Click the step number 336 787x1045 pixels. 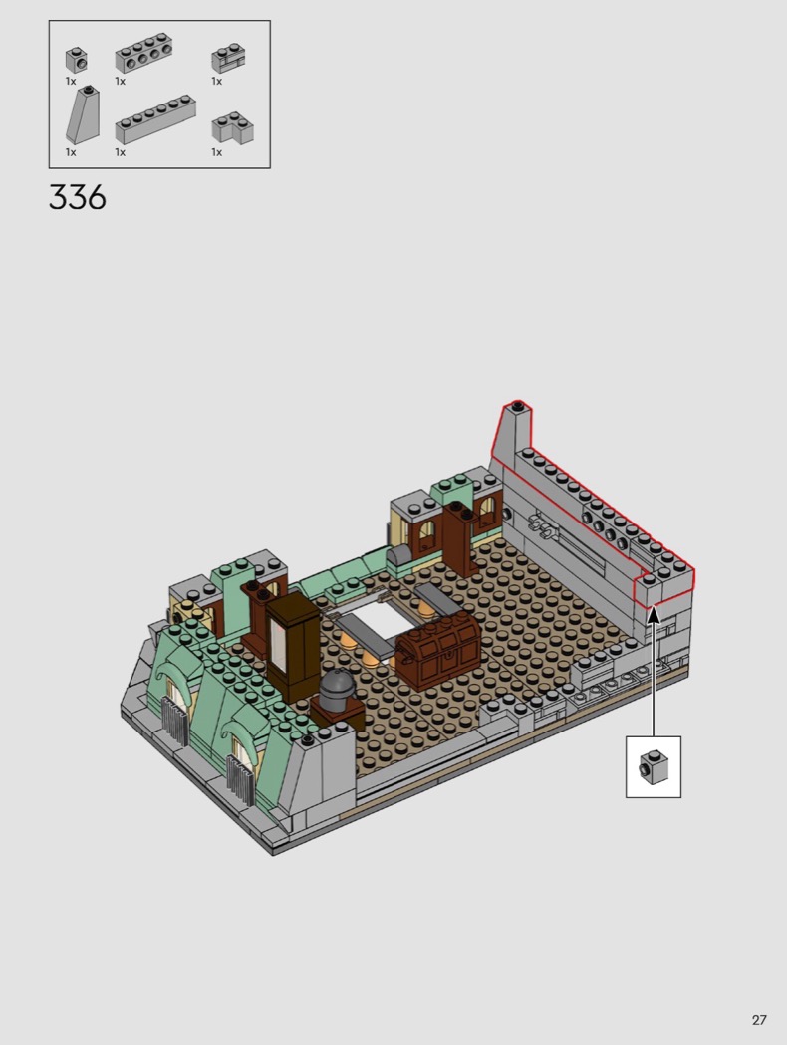[78, 197]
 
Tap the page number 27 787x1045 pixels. [759, 1020]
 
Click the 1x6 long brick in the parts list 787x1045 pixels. [155, 120]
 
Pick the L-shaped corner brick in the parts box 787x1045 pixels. [233, 127]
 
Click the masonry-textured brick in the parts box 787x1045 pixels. [229, 58]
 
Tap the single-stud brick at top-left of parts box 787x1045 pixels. [77, 60]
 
